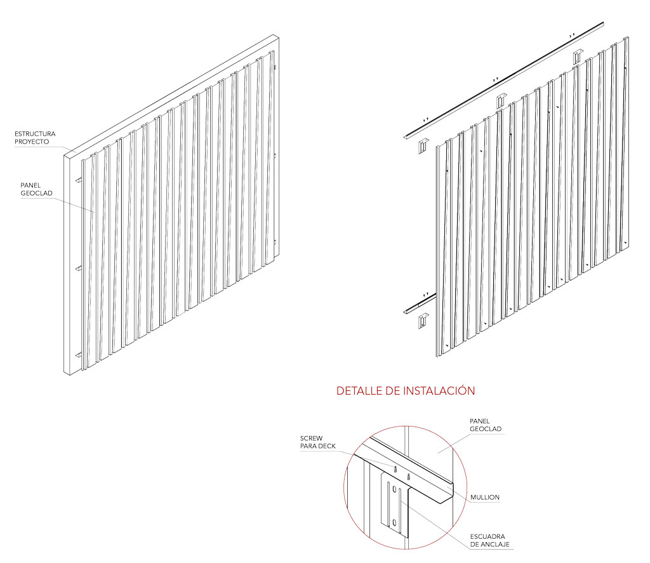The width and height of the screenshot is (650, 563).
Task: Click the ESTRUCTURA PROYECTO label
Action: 35,138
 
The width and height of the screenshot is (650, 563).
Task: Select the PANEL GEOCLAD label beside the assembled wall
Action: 36,189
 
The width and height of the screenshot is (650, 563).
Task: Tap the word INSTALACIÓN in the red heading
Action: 439,390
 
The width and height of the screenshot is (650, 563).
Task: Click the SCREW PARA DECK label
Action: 317,442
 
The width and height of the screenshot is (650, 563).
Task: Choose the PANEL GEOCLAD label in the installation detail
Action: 486,425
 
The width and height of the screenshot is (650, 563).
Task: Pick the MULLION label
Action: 484,497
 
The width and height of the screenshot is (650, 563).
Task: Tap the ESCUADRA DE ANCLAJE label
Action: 490,540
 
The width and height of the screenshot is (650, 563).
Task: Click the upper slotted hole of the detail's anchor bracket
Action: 394,489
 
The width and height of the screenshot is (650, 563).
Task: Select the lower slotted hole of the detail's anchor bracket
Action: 394,522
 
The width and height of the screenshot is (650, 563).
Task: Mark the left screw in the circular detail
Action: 395,469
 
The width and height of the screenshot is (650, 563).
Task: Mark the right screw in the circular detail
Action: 408,476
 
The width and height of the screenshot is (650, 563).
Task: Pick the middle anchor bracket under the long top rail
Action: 501,101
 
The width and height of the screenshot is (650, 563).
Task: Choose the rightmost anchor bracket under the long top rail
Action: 578,56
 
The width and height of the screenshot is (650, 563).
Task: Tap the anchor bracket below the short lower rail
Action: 423,321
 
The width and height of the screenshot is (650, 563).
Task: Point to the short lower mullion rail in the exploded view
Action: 420,303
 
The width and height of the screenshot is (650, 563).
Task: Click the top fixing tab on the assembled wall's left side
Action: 78,181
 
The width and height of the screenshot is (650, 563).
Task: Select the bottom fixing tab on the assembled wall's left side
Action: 79,355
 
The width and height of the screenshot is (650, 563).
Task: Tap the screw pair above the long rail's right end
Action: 572,36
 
